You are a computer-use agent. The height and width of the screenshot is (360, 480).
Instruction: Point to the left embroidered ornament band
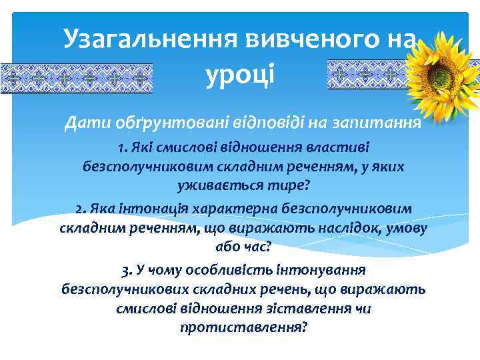coord(76,77)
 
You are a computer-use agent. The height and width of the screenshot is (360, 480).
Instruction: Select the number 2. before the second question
coord(83,209)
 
